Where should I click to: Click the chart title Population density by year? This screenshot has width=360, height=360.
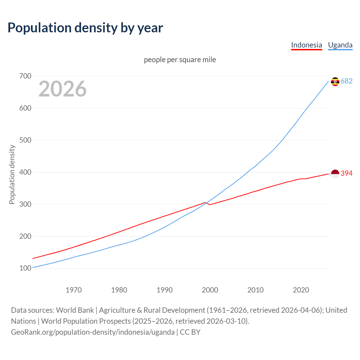tap(85, 28)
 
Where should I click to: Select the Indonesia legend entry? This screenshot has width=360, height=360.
tap(306, 45)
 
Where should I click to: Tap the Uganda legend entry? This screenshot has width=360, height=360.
tap(340, 45)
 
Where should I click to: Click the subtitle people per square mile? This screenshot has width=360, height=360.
tap(180, 60)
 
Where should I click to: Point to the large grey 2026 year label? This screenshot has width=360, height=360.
tap(62, 89)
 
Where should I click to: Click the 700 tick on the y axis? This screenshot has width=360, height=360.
tap(25, 76)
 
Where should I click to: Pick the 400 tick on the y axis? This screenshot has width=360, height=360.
tap(25, 172)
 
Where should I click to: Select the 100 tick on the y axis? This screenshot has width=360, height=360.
tap(25, 268)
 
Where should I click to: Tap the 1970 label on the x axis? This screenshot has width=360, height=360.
tap(74, 290)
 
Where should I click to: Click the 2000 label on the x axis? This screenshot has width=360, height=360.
tap(210, 290)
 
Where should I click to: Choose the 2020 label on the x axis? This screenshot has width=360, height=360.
tap(301, 290)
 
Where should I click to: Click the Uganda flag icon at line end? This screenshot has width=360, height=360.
tap(335, 82)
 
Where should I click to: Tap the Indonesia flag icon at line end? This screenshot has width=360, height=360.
tap(335, 174)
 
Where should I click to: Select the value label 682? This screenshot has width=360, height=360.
tap(346, 81)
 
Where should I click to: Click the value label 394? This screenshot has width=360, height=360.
tap(346, 173)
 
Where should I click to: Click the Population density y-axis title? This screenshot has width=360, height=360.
tap(12, 174)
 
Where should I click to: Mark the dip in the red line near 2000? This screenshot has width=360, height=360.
tap(210, 204)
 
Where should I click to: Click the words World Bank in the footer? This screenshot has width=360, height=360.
tap(75, 310)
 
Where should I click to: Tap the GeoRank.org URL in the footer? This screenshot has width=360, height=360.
tap(93, 332)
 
